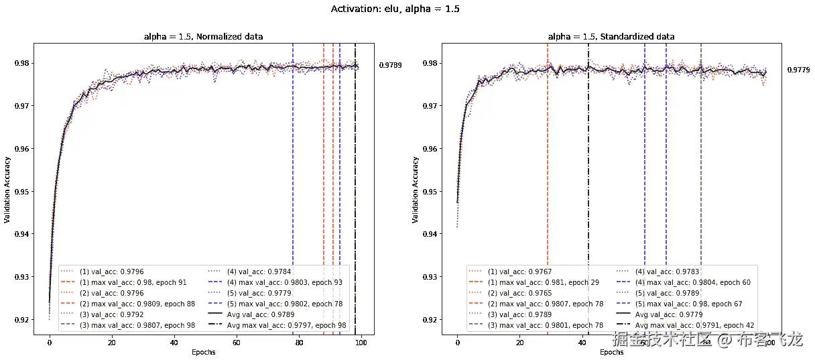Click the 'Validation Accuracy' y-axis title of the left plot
[x=7, y=190]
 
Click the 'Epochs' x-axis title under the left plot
[x=204, y=353]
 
